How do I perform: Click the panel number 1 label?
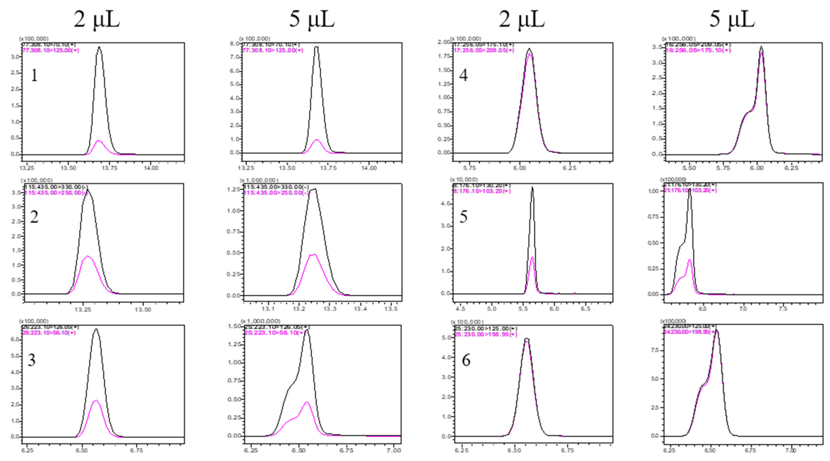click(34, 76)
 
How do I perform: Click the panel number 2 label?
click(34, 217)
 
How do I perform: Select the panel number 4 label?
click(463, 76)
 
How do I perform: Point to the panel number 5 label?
click(463, 217)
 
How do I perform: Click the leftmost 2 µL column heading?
click(97, 19)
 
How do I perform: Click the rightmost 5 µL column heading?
click(732, 19)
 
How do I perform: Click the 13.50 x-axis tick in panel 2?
click(142, 310)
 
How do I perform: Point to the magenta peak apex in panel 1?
click(99, 141)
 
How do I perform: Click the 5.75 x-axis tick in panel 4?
click(469, 168)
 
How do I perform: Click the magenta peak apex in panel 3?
click(96, 401)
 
